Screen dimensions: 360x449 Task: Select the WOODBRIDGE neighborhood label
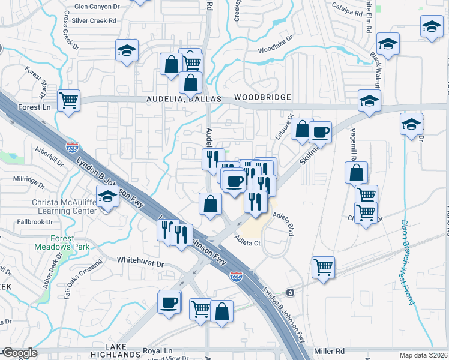click(x=262, y=97)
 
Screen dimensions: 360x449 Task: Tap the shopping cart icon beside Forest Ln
click(x=69, y=100)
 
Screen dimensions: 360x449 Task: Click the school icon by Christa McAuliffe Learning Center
click(x=108, y=197)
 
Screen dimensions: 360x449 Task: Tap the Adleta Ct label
click(x=247, y=243)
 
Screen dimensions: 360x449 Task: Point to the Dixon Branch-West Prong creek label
click(x=408, y=262)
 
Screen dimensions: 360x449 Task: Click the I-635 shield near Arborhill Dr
click(x=73, y=148)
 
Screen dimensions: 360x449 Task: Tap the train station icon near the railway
click(x=290, y=292)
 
